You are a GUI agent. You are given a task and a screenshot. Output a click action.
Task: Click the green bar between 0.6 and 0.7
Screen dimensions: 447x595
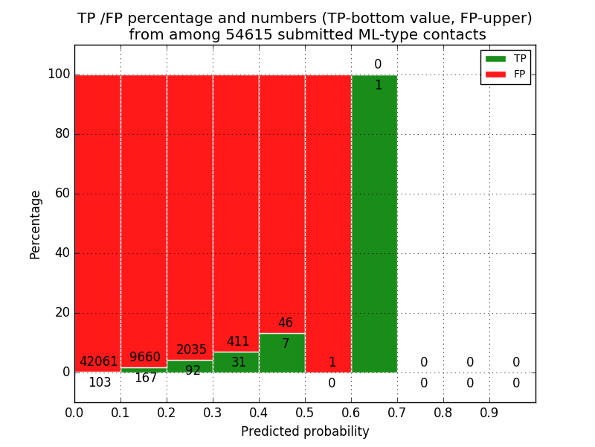374,223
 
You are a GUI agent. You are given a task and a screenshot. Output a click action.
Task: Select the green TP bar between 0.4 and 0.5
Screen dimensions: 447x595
282,353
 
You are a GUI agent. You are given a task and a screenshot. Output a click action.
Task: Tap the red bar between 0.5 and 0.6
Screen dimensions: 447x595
328,223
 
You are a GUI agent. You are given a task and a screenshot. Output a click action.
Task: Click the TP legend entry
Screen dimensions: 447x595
506,59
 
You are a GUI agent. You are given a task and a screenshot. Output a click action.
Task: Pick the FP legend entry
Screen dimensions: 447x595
506,74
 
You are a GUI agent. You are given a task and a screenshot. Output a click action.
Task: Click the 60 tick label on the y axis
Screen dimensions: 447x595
62,194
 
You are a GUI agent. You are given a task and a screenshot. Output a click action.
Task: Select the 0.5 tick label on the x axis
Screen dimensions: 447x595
305,413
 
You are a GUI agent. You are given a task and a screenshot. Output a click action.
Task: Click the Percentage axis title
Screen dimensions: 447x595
35,224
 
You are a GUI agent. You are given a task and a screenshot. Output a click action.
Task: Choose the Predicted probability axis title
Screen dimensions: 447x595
305,431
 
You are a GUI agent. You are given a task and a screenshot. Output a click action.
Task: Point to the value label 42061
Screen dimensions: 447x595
98,362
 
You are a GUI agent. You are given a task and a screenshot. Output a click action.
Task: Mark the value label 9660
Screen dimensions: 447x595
145,358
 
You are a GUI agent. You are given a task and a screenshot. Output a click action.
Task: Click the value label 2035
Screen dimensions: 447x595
191,350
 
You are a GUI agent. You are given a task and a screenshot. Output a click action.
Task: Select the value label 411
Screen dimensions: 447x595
238,342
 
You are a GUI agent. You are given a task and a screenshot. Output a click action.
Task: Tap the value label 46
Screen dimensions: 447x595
285,323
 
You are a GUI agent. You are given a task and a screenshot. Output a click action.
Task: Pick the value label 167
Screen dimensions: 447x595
146,378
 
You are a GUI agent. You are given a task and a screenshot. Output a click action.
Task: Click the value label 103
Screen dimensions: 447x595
100,383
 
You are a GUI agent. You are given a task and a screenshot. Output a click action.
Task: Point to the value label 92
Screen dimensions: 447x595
193,370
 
